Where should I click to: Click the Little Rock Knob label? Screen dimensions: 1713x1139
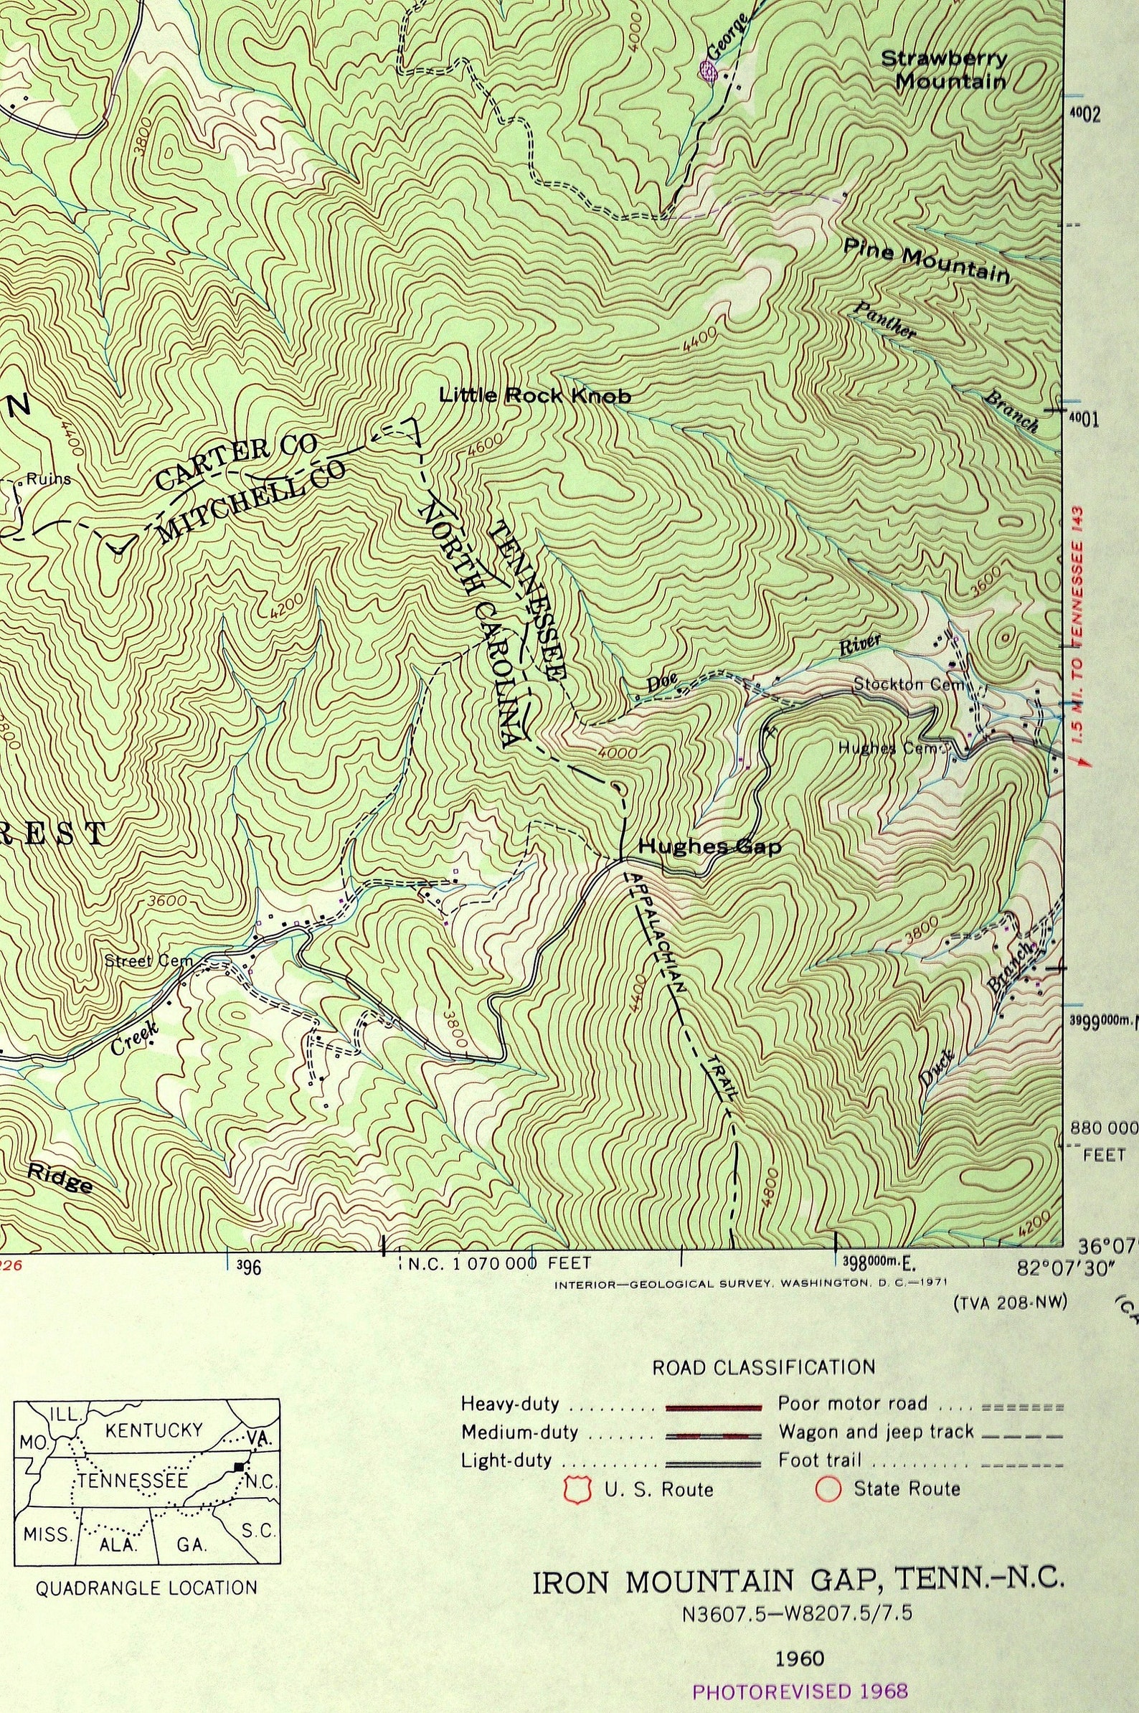tap(534, 396)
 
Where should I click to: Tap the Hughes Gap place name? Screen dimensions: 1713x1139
tap(709, 847)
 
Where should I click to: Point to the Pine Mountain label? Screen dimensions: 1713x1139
tap(926, 262)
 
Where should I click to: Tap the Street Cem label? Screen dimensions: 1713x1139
tap(149, 961)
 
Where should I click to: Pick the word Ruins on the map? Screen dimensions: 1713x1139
tap(49, 479)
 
